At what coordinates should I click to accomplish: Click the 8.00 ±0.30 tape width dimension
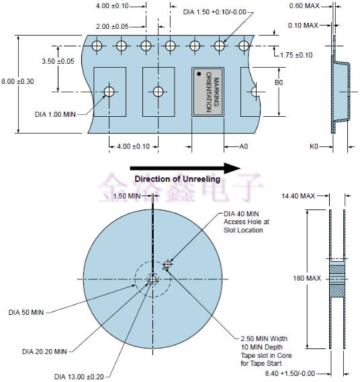17,81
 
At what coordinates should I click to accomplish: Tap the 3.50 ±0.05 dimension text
58,61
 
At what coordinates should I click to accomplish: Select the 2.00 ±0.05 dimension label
112,26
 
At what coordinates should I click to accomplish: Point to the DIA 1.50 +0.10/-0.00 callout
215,12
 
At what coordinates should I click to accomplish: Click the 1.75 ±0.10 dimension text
296,55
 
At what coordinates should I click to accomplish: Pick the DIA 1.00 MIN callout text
55,114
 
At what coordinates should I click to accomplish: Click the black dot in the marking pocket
199,74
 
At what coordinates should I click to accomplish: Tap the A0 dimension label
244,146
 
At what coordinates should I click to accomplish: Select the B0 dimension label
279,83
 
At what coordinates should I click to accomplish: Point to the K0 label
314,146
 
